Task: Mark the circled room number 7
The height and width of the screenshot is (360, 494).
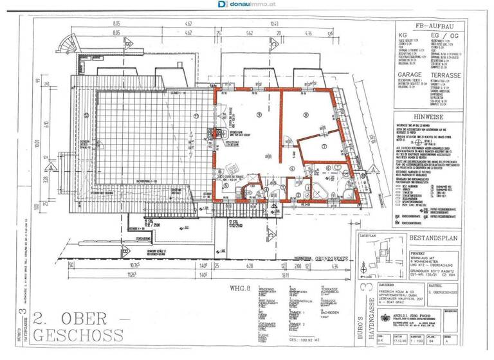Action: [325, 146]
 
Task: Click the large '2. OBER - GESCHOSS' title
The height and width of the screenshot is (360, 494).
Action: [77, 326]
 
